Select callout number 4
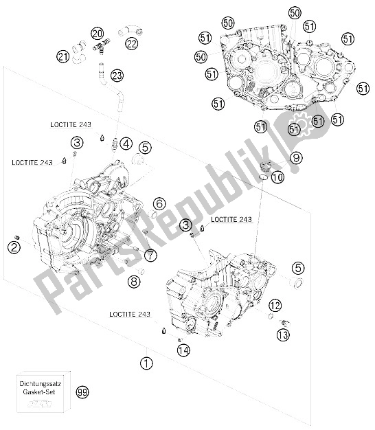point(126,144)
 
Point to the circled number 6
point(159,203)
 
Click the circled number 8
point(135,281)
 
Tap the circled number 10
point(277,177)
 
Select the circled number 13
point(283,335)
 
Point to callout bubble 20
point(97,33)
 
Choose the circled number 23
point(117,76)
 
